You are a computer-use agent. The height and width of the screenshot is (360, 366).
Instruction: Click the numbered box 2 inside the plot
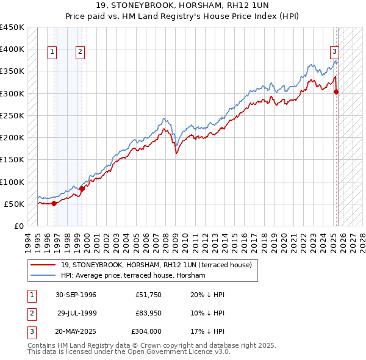81,52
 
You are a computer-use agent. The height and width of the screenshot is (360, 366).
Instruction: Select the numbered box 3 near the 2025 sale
335,52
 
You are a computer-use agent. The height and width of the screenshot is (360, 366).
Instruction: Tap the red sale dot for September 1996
54,203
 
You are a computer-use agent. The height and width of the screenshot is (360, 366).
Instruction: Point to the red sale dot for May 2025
336,92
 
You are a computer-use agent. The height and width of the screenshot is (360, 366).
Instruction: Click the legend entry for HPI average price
133,276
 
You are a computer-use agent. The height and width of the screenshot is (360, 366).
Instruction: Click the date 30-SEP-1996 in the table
76,295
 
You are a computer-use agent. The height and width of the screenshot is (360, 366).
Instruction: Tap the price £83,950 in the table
148,313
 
